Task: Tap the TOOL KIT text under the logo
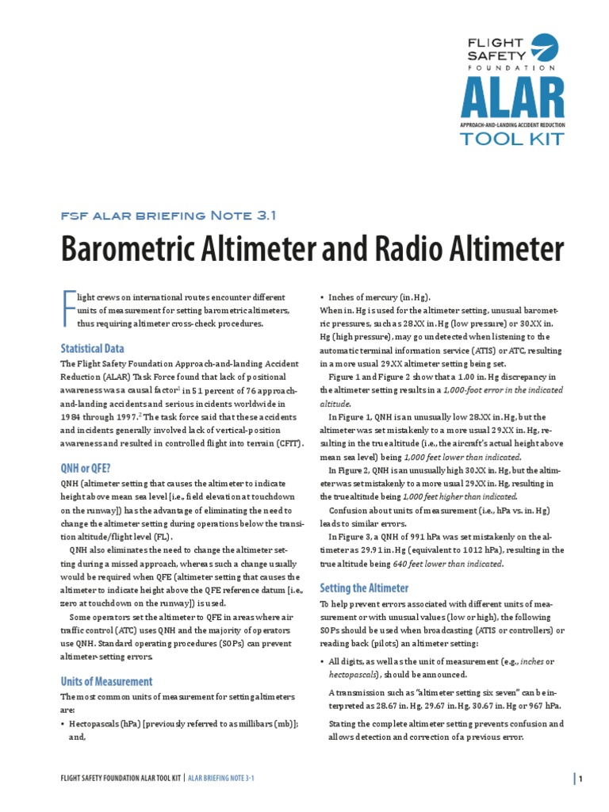click(x=512, y=140)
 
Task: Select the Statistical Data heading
click(x=92, y=348)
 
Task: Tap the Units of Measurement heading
click(x=106, y=681)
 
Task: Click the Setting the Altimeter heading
click(x=364, y=588)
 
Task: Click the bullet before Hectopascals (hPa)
click(x=63, y=724)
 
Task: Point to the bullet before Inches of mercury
click(x=322, y=297)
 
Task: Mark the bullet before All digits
click(x=322, y=661)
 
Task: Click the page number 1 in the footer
click(x=580, y=779)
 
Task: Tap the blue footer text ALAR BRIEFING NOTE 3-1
click(x=220, y=779)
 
